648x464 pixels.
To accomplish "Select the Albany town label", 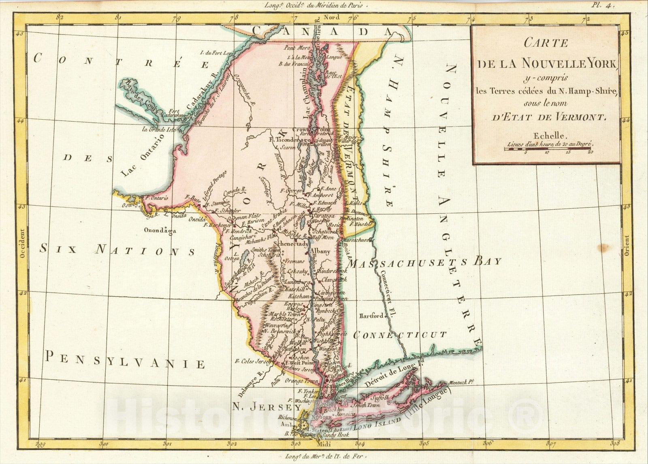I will [320, 251].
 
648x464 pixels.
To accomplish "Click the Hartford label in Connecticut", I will [371, 316].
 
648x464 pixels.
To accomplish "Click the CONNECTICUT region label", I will [400, 335].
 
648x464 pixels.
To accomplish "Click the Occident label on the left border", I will [22, 243].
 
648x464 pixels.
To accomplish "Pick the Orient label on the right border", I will [627, 246].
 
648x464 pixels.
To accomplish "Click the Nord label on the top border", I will [332, 17].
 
